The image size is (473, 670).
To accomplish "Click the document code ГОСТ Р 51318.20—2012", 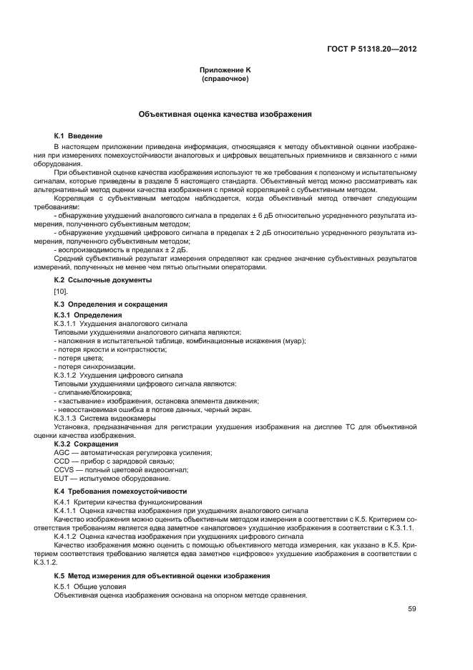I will pos(372,49).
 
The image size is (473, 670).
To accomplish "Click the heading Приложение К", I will pos(225,70).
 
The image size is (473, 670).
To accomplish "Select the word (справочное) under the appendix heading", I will pos(225,78).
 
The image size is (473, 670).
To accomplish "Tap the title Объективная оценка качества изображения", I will pos(225,114).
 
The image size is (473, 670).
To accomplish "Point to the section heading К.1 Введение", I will pos(79,135).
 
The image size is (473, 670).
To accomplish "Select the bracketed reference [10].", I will pos(61,292).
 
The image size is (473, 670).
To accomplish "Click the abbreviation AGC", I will pos(62,452).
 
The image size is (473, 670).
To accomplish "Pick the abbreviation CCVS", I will pos(64,469).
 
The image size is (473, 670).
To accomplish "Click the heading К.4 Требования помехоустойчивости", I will pos(120,491).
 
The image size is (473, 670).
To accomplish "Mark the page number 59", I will pos(412,609).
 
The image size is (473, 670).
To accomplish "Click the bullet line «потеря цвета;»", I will pos(74,358).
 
